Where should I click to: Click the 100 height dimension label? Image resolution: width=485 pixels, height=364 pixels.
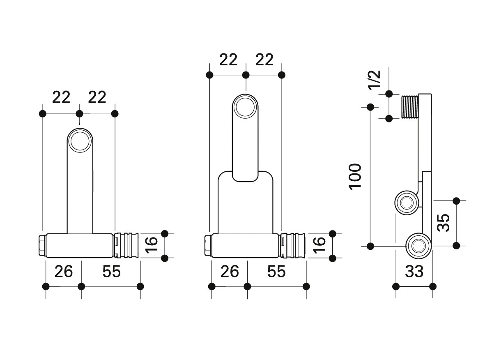click(x=355, y=176)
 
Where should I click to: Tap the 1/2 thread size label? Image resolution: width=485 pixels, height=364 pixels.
click(x=374, y=80)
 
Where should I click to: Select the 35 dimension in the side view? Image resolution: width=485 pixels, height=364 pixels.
click(x=444, y=223)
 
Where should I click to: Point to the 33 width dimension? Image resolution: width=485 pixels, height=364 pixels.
click(x=414, y=272)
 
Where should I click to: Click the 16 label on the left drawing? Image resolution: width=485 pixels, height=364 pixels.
click(x=152, y=245)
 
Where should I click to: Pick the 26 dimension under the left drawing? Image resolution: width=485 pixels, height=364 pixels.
click(x=64, y=272)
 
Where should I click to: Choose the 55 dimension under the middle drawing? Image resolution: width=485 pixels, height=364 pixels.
click(x=276, y=272)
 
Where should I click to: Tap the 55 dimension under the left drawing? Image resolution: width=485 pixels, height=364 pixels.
click(x=112, y=272)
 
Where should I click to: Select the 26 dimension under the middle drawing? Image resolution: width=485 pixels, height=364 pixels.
click(x=230, y=272)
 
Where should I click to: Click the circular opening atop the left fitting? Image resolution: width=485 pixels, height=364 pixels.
click(x=80, y=141)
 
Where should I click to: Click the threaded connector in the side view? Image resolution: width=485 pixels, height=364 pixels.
click(x=409, y=107)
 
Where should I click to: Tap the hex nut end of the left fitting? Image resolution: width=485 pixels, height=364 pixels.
click(x=43, y=245)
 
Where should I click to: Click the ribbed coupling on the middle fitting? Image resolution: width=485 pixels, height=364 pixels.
click(x=293, y=245)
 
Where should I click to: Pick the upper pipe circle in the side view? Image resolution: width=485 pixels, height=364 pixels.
click(x=407, y=203)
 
